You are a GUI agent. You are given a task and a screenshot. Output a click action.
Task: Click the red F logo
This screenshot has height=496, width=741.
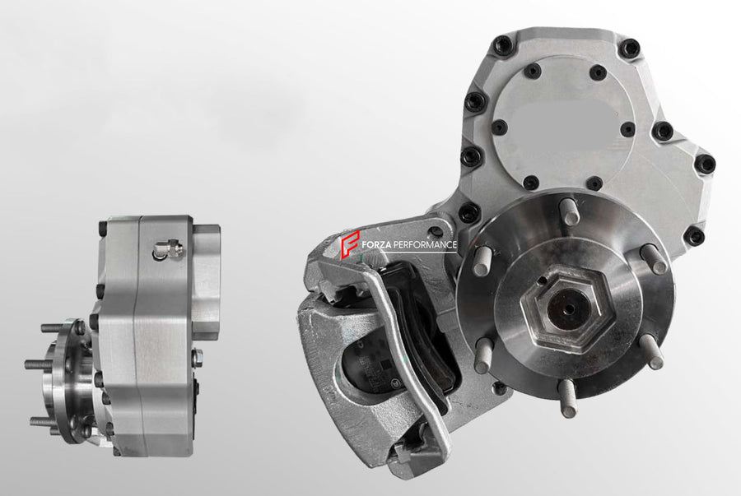point(350,244)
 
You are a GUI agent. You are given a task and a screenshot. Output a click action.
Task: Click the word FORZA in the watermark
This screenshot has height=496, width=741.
point(376,245)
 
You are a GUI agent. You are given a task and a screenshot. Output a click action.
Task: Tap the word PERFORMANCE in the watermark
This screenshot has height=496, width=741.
point(425,245)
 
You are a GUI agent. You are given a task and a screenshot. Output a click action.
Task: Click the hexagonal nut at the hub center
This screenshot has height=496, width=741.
point(566,308)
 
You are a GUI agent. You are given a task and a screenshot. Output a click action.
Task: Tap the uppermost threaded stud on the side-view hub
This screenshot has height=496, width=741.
point(56,327)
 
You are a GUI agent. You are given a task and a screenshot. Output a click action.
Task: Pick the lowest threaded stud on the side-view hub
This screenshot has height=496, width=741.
point(47,420)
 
